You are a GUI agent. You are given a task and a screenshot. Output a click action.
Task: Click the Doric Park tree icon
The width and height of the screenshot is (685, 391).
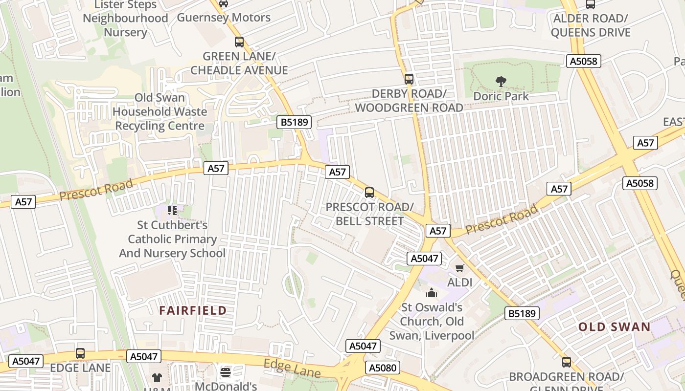click(501, 82)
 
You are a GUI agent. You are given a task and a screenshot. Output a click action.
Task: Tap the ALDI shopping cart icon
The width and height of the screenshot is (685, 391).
click(459, 268)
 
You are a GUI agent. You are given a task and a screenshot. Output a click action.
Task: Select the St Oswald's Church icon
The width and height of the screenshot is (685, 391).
click(432, 293)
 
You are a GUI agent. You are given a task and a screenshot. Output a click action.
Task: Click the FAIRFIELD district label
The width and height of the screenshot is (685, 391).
click(193, 310)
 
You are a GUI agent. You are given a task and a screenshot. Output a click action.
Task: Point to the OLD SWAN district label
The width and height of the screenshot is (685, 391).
click(614, 327)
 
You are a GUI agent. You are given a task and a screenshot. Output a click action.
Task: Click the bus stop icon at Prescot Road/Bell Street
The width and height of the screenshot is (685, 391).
click(369, 193)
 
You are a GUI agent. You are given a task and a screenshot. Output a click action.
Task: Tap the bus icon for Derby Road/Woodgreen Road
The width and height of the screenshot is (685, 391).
click(409, 79)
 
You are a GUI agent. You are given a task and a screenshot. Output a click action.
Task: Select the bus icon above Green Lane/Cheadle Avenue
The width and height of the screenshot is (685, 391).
click(239, 42)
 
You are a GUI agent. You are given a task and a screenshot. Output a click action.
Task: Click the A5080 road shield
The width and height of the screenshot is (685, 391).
click(383, 368)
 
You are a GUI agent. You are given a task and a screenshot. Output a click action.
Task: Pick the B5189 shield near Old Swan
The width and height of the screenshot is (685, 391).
click(522, 313)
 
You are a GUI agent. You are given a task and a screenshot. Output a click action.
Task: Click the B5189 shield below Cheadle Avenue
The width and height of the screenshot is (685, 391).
click(294, 122)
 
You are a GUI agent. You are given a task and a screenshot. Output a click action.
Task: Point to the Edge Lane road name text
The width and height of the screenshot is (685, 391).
click(292, 369)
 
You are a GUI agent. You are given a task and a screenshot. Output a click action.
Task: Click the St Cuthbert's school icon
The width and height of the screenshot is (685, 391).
click(172, 211)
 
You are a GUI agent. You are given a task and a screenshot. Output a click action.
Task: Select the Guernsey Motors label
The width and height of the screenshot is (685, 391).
click(224, 18)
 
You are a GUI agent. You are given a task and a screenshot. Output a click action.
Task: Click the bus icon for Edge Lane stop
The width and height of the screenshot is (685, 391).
click(80, 353)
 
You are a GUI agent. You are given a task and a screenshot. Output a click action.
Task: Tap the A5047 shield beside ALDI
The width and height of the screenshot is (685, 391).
click(424, 259)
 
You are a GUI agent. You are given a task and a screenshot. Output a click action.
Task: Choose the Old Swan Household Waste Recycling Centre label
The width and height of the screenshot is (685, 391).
click(160, 111)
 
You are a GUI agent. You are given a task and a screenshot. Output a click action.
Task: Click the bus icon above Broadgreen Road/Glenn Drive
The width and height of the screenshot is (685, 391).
click(566, 362)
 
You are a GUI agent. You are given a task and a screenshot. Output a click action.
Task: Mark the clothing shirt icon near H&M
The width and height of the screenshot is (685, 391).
click(157, 377)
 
